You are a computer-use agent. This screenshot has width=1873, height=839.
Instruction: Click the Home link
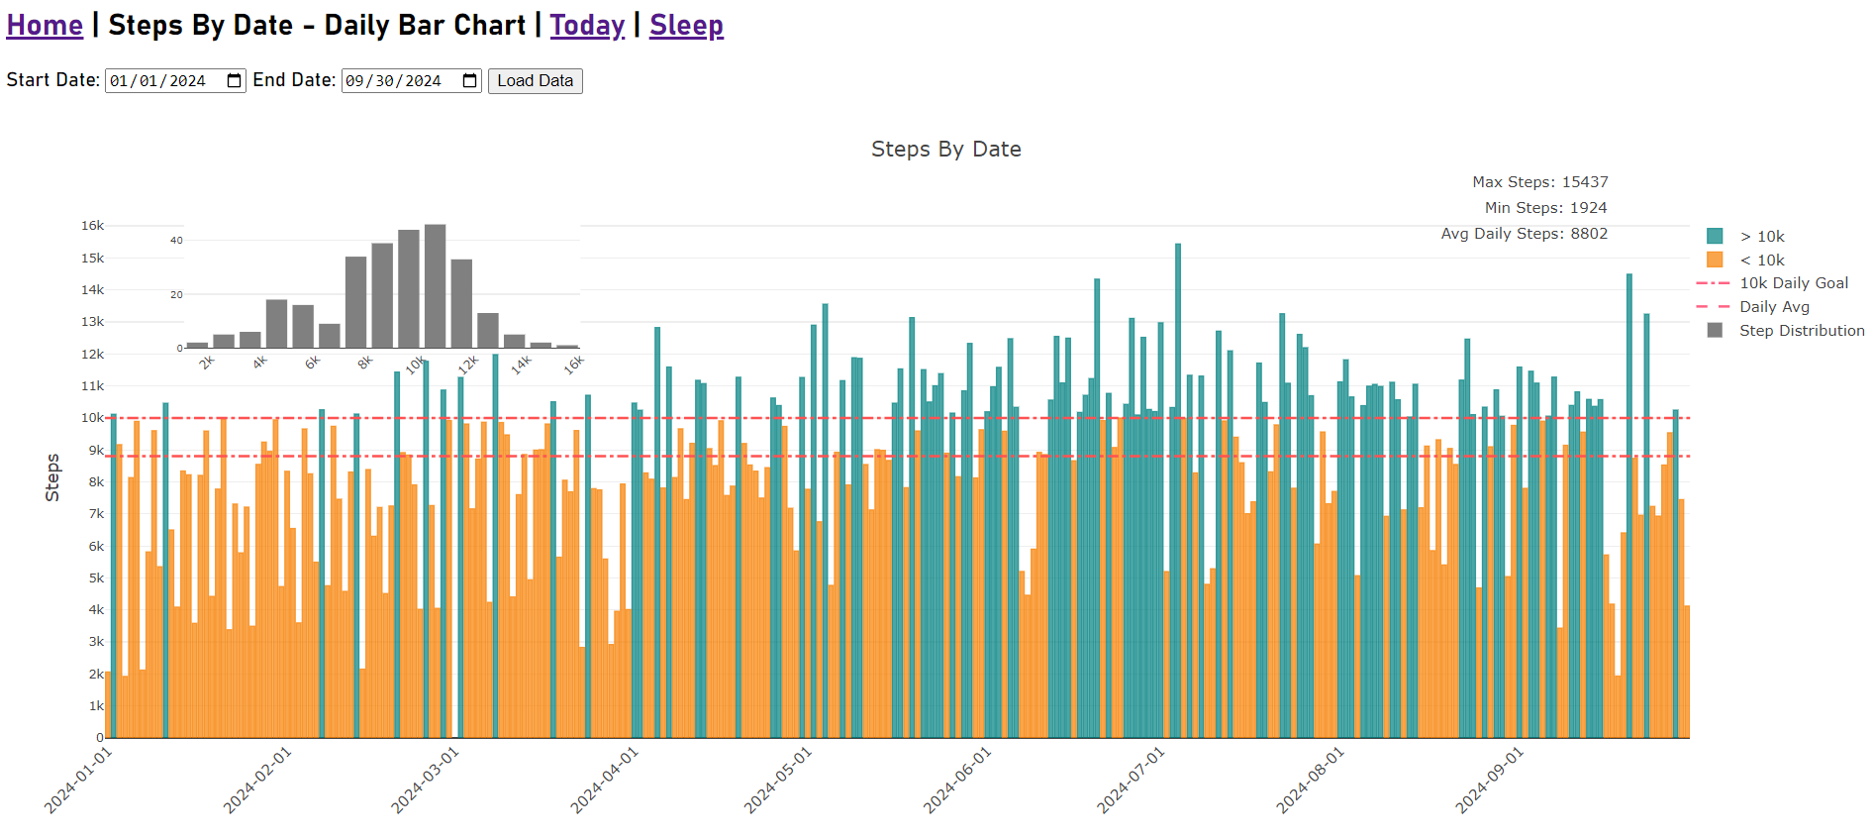click(x=45, y=25)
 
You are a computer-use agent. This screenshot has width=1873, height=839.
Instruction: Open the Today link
click(x=587, y=25)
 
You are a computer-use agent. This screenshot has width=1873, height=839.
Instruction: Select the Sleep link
click(x=686, y=25)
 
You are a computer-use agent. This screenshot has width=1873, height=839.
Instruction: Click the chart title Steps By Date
click(x=945, y=150)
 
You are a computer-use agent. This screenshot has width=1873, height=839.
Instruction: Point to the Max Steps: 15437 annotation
click(x=1539, y=182)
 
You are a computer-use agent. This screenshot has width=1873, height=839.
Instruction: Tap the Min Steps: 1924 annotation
click(x=1545, y=208)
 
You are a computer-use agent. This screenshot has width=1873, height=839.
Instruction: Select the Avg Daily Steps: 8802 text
click(x=1524, y=234)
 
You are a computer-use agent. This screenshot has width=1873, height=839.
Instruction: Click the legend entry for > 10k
click(x=1761, y=237)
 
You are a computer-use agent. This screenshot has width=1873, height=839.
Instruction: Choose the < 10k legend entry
click(x=1761, y=261)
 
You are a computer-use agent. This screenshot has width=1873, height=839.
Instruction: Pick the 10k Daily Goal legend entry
click(x=1793, y=283)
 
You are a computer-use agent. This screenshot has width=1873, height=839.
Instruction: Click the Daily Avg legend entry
click(x=1774, y=307)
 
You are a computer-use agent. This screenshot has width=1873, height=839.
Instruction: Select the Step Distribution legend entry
click(x=1801, y=331)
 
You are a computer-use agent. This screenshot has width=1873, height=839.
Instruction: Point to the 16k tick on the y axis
click(x=92, y=226)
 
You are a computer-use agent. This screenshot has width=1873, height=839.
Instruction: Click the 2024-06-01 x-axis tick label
click(x=957, y=781)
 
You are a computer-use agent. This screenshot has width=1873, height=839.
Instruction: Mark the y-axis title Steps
click(x=52, y=477)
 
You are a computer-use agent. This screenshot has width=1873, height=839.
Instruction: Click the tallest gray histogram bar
click(x=436, y=286)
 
